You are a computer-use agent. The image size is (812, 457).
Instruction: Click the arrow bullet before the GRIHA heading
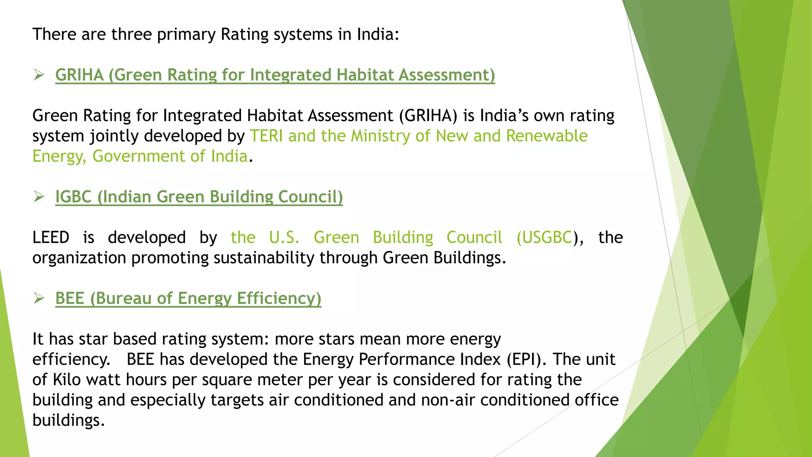click(39, 75)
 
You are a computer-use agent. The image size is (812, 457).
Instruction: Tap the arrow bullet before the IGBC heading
click(39, 196)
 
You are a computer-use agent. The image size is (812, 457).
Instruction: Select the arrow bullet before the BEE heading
click(39, 298)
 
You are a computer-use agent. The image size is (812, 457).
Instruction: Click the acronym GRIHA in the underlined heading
click(79, 75)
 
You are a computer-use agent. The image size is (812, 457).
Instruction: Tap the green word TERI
click(266, 136)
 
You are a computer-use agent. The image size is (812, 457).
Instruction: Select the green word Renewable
click(547, 136)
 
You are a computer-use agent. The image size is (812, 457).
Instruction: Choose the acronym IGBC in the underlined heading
click(73, 197)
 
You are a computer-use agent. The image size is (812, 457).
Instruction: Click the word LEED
click(51, 237)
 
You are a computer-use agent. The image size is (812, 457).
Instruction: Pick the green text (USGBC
click(544, 238)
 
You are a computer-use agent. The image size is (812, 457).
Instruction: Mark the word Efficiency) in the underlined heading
click(279, 299)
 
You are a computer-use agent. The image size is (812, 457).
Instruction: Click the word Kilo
click(67, 380)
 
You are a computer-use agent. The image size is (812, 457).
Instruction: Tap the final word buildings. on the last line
click(69, 421)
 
